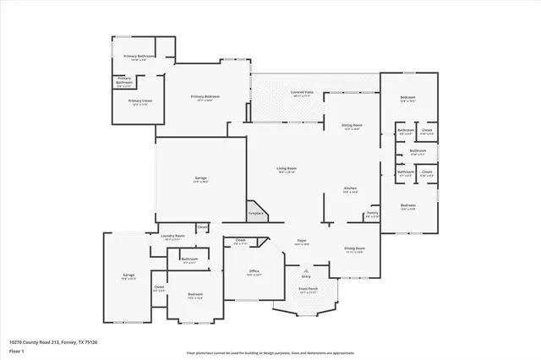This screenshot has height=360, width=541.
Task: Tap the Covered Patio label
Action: pos(303,92)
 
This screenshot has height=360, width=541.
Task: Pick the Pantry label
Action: pos(372,213)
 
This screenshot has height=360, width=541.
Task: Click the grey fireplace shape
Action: pos(254,209)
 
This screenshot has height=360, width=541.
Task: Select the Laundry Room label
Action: pos(173,237)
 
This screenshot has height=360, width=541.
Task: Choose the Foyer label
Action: pos(300,241)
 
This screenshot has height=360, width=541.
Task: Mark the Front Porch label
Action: pos(308,288)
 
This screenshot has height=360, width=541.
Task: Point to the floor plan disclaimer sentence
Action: pos(270,352)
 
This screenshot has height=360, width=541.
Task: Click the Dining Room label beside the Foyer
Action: pos(354,248)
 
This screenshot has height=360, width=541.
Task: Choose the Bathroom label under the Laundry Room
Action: pos(189,259)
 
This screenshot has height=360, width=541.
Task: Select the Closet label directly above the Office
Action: pos(240,240)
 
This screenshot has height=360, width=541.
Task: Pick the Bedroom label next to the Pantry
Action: pos(408,205)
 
